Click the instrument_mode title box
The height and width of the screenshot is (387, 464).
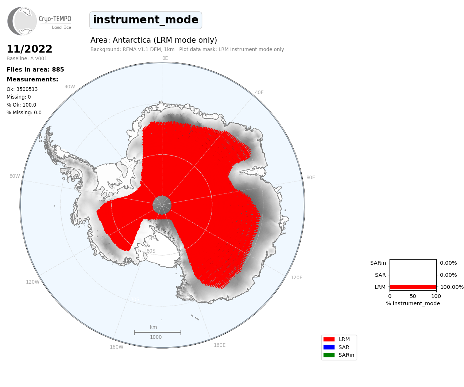point(146,20)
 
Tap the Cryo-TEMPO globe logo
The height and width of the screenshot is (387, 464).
point(22,21)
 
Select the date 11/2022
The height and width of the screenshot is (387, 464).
point(30,49)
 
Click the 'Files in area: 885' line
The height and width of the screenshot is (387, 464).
point(35,70)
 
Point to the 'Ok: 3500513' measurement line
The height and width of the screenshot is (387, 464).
point(22,89)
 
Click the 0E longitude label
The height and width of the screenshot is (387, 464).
point(165,58)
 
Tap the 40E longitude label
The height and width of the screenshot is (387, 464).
point(259,92)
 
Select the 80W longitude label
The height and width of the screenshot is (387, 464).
point(15,176)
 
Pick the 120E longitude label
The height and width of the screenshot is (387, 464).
point(297,277)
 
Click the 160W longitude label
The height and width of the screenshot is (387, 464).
point(116,347)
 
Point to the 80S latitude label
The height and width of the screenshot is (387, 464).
point(151,251)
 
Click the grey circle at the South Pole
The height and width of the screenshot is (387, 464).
point(162,205)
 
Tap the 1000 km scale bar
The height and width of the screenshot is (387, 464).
point(158,333)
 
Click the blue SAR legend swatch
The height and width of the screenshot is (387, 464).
point(329,347)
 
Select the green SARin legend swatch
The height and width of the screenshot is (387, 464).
point(329,355)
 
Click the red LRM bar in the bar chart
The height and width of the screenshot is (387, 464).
point(413,287)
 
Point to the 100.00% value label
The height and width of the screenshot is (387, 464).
point(452,287)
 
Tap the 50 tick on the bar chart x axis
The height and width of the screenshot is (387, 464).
point(413,296)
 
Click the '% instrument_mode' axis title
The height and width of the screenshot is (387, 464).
point(413,303)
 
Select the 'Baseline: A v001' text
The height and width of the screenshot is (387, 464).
point(27,58)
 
